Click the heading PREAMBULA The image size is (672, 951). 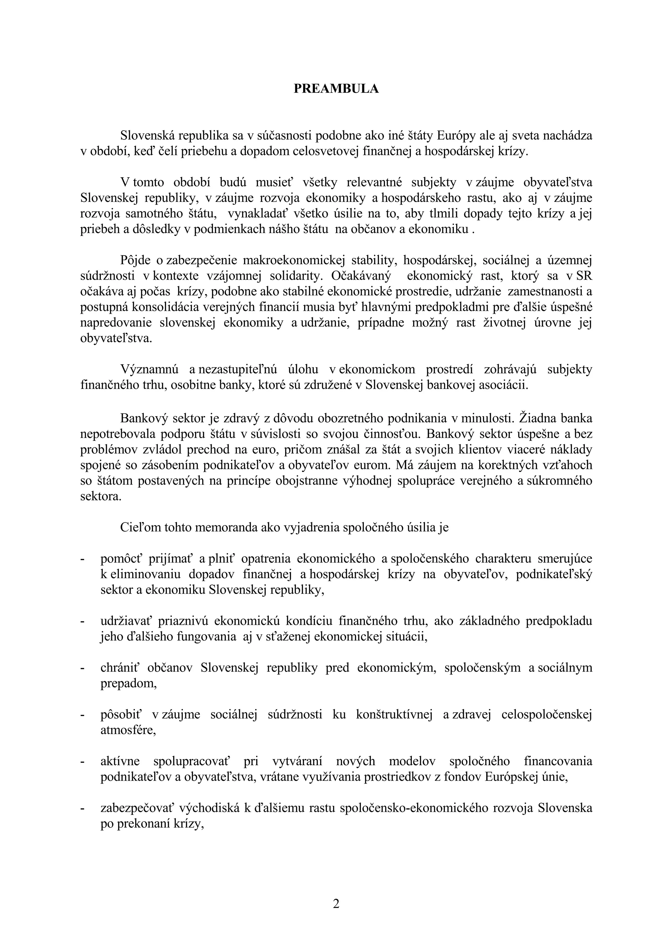(x=336, y=89)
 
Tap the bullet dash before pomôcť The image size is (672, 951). (x=82, y=559)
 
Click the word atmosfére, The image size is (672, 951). (x=128, y=730)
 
